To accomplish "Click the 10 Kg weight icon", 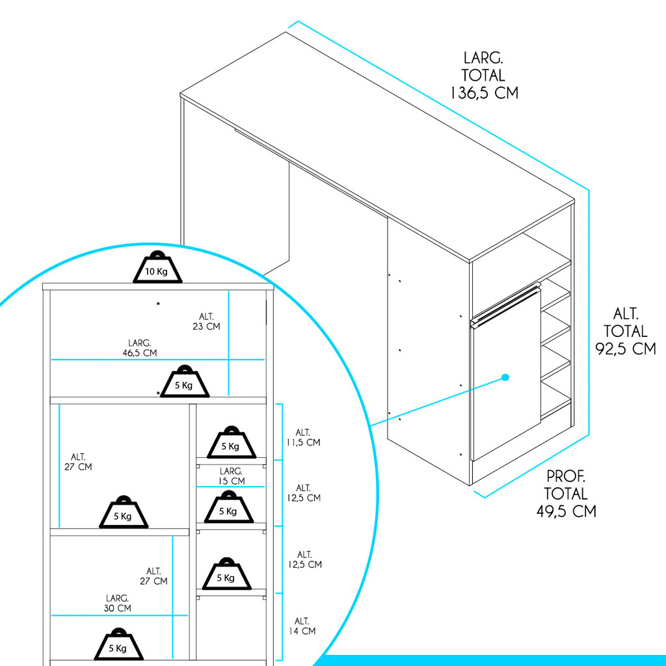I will (157, 268).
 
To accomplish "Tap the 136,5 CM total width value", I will (485, 92).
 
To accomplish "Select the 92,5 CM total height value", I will (625, 349).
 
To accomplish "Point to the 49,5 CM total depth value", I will (566, 511).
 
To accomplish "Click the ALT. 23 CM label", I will (206, 321).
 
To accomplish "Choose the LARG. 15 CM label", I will (231, 476).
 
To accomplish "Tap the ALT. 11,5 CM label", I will (303, 437).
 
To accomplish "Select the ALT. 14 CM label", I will (302, 626).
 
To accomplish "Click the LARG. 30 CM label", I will (117, 603).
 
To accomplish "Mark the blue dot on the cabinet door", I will (505, 377).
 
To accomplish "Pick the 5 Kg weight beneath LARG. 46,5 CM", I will (185, 382).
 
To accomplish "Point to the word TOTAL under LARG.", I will (484, 75).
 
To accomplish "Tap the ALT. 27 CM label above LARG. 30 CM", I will (153, 576).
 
